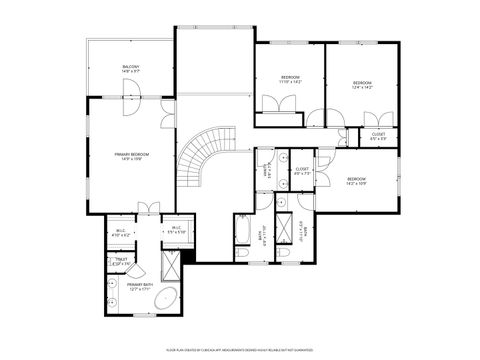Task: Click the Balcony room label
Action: pyautogui.click(x=130, y=70)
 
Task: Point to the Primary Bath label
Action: pyautogui.click(x=140, y=287)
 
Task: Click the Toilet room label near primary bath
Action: pyautogui.click(x=122, y=262)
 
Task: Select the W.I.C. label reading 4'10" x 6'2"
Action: pyautogui.click(x=122, y=231)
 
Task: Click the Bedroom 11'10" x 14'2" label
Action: pyautogui.click(x=290, y=79)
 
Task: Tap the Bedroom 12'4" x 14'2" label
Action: pyautogui.click(x=361, y=85)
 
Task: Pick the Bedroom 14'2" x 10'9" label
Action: pyautogui.click(x=357, y=181)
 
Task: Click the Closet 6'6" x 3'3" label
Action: pyautogui.click(x=378, y=135)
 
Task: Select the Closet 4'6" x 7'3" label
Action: pyautogui.click(x=302, y=171)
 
